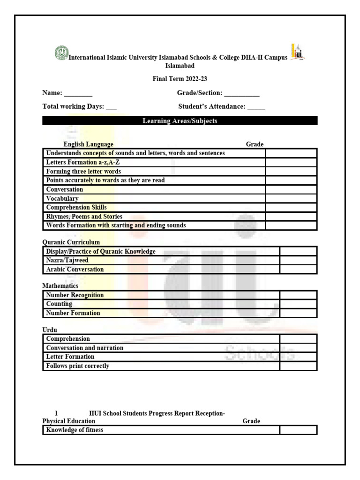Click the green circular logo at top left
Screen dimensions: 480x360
coord(61,52)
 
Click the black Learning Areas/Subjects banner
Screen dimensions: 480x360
coord(180,121)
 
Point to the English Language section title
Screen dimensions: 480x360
coord(88,144)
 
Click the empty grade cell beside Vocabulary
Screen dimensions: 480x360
coord(291,198)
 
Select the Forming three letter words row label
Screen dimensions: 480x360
coord(83,172)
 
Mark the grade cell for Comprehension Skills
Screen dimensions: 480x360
coord(291,207)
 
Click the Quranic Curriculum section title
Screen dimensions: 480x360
coord(71,242)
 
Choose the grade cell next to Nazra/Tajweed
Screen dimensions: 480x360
coord(298,260)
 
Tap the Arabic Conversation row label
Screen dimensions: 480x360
coord(75,270)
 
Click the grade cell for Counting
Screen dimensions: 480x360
coord(298,304)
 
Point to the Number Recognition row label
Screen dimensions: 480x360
coord(75,295)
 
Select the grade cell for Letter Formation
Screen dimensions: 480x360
coord(298,357)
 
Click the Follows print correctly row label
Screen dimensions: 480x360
coord(78,366)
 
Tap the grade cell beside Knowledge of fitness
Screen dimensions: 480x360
coord(298,430)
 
